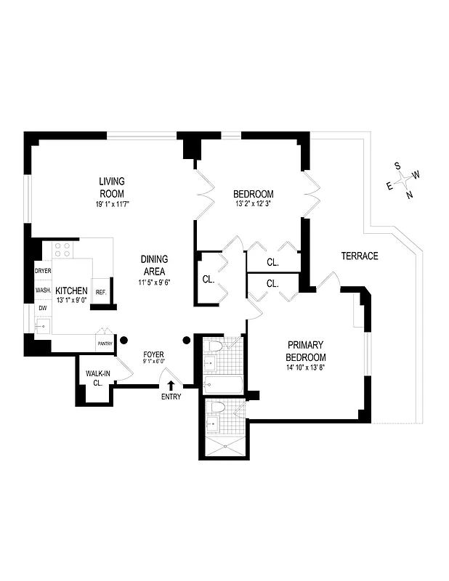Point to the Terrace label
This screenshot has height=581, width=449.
[360, 256]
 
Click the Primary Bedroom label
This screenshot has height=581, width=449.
[306, 351]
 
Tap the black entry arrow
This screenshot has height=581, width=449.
[171, 386]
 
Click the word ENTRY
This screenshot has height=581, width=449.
[171, 397]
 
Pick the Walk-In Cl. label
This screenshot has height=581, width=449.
[98, 378]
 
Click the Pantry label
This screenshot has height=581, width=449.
[105, 344]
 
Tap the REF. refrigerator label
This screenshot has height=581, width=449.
[101, 292]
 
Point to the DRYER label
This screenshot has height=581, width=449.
[43, 271]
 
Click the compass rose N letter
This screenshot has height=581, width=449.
[410, 195]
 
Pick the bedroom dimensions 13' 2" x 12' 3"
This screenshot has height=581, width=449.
[253, 204]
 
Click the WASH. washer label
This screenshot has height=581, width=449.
[43, 290]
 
